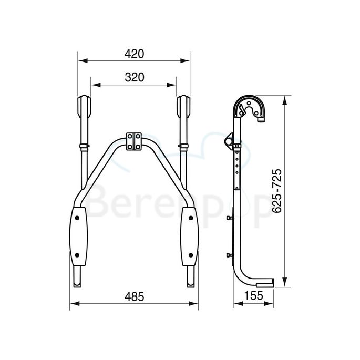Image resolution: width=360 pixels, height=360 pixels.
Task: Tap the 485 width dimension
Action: (135, 296)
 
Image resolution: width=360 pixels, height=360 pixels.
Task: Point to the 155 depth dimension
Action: (254, 296)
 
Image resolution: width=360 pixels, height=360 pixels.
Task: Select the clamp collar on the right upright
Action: (184, 145)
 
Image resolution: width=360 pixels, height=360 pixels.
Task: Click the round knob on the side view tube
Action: (230, 142)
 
